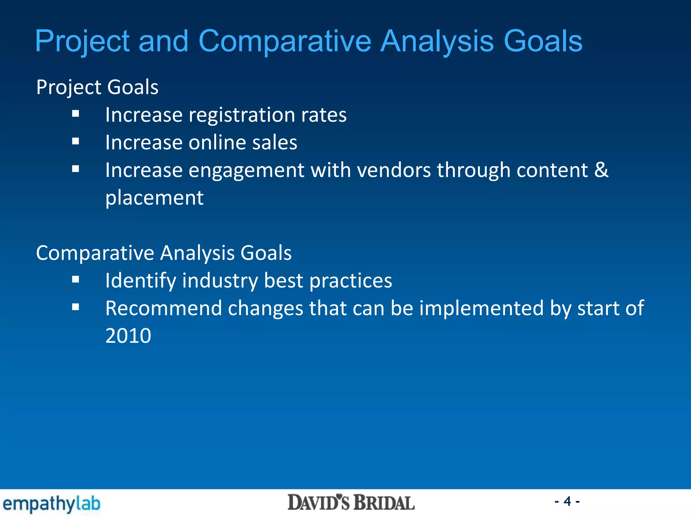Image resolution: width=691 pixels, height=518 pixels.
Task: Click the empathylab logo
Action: point(51,503)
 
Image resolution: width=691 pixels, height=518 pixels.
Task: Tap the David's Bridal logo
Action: point(351,502)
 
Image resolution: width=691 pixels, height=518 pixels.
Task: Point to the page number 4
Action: point(567,501)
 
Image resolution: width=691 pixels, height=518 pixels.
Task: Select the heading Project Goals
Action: point(97,87)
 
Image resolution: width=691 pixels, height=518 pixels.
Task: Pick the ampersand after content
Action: point(601,170)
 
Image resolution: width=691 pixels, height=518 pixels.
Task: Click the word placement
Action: point(154,198)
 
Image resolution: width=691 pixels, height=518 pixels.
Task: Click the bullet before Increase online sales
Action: point(76,141)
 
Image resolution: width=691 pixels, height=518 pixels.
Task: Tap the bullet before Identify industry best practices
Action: point(76,280)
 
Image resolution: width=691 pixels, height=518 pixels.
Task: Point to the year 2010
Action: point(128,336)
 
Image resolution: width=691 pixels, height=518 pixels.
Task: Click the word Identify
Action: point(141,281)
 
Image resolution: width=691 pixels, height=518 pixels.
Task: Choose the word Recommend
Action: point(164,308)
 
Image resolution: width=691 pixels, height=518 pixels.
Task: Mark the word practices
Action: point(351,281)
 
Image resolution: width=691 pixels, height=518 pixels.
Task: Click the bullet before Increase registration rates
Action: point(76,114)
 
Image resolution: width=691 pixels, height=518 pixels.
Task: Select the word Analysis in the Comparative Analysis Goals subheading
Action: point(197,253)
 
